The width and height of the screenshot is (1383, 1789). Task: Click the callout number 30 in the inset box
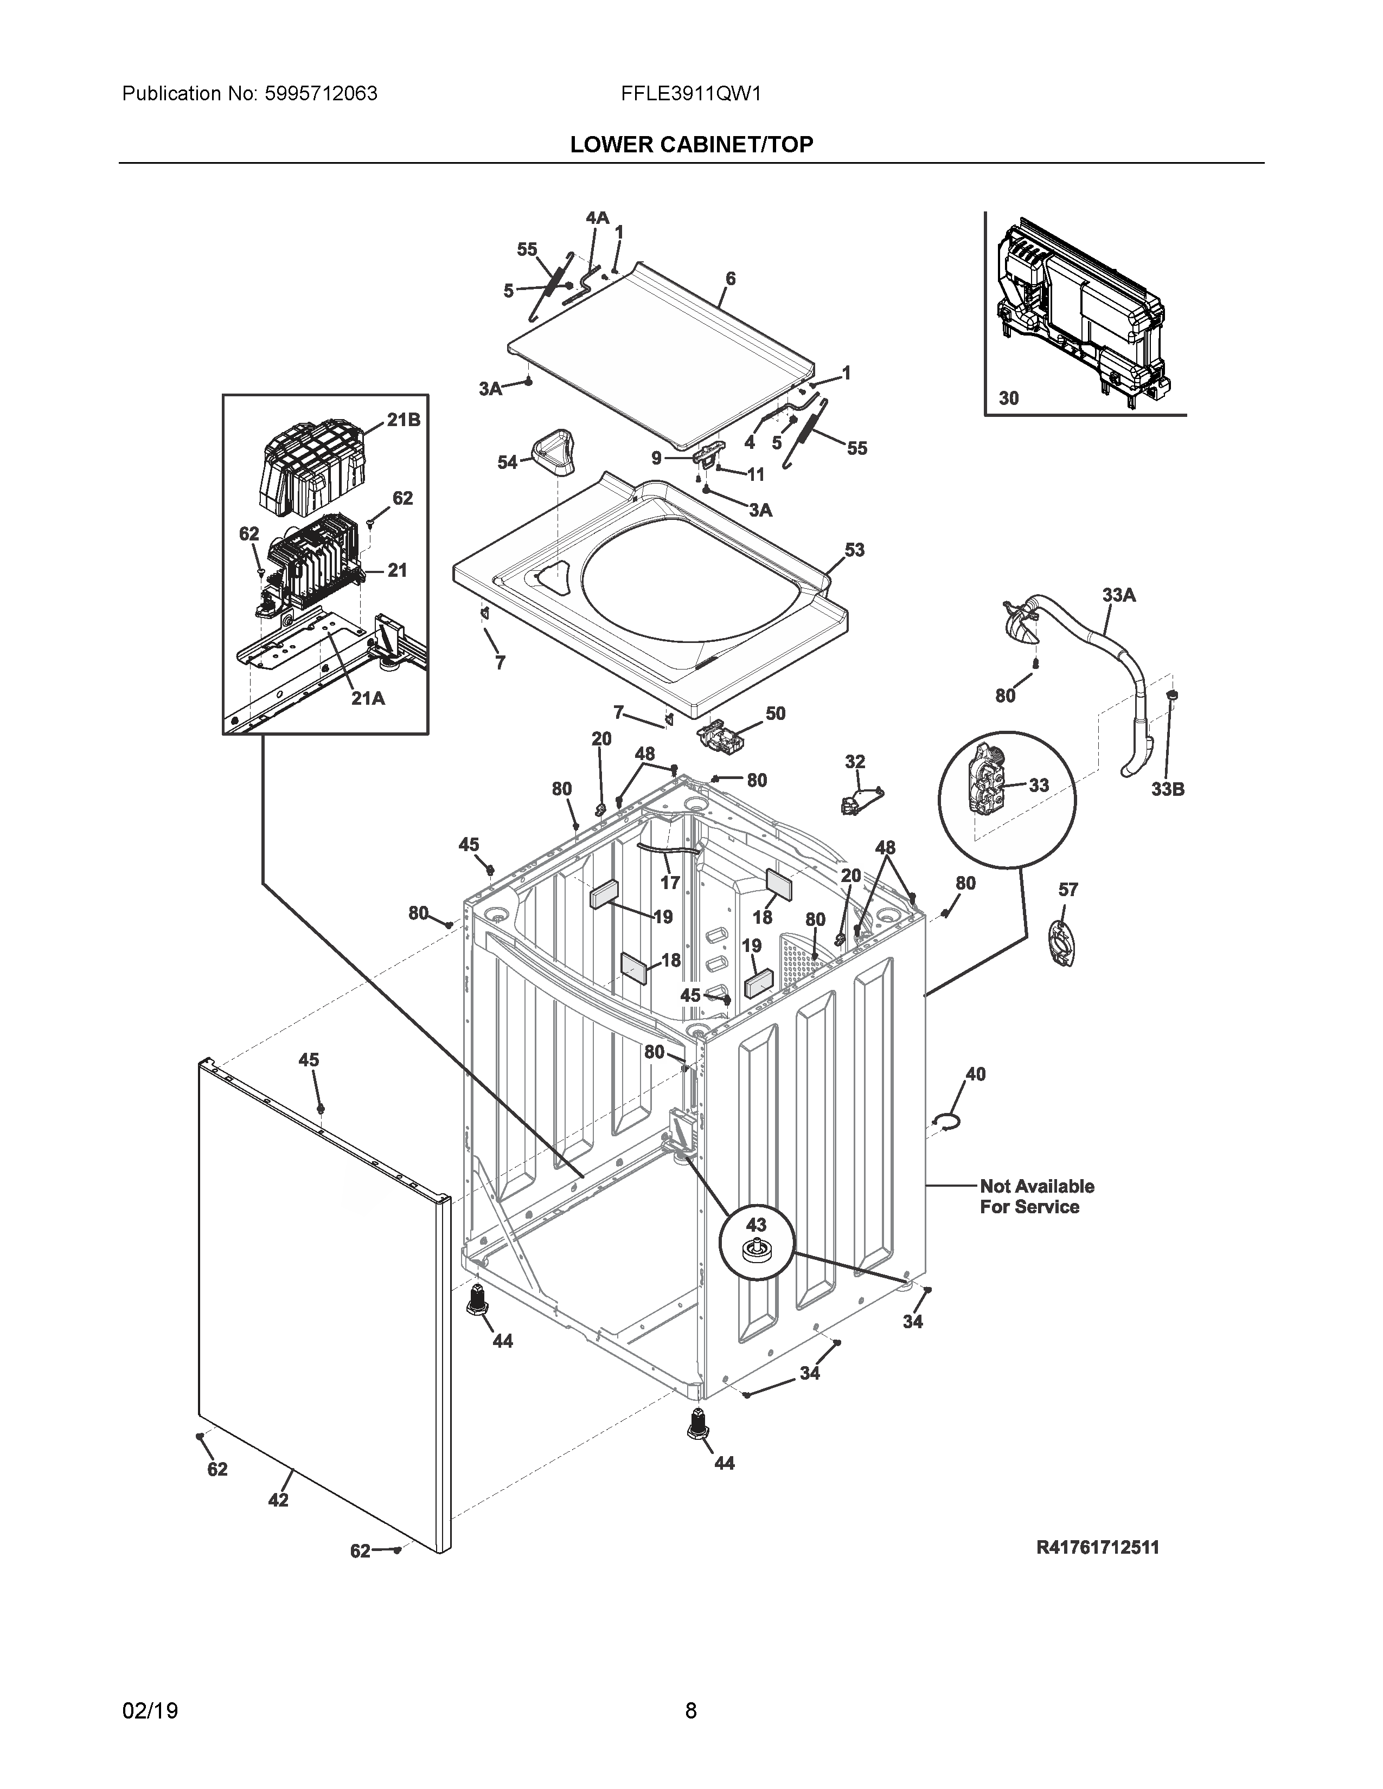[x=1009, y=398]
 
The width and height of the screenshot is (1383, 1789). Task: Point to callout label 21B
[x=403, y=420]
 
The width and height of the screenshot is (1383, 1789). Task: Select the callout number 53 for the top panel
[x=855, y=550]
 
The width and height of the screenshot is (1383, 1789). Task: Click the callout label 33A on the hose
[x=1118, y=595]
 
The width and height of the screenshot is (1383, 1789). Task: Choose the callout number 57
[x=1068, y=890]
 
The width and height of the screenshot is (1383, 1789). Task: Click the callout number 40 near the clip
[x=976, y=1074]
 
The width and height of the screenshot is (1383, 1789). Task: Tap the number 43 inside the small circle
[x=755, y=1225]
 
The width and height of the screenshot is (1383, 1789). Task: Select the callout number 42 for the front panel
[x=279, y=1500]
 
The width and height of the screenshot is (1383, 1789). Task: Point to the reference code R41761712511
[x=1097, y=1547]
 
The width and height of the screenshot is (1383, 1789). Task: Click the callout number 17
[x=670, y=882]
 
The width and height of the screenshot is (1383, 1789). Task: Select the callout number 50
[x=775, y=713]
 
